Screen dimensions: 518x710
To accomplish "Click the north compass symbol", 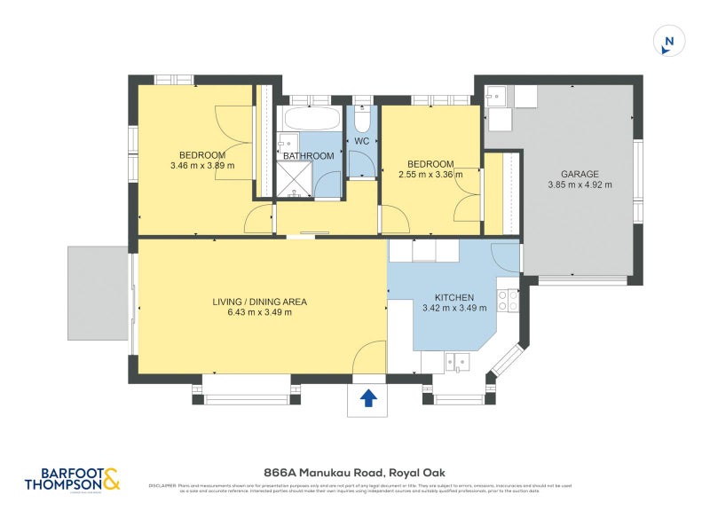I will (669, 40).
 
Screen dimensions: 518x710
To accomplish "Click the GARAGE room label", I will (579, 174).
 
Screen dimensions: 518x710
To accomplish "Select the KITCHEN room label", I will (454, 298).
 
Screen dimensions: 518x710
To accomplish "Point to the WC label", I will (361, 141).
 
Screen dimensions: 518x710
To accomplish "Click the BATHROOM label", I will (308, 156).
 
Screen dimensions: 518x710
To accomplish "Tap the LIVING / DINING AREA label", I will (259, 302).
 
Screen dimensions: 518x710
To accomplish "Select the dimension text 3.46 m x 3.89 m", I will (202, 165).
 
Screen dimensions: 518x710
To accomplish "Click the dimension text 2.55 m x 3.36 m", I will (430, 175).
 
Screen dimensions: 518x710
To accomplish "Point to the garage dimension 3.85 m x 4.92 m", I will (579, 185).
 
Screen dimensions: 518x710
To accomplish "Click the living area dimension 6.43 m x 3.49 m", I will (259, 313).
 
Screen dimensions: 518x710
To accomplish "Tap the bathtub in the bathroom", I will (310, 119).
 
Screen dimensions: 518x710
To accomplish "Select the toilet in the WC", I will (361, 119).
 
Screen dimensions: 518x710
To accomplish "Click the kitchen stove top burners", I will (508, 301).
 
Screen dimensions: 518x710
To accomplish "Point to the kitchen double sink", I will (459, 361).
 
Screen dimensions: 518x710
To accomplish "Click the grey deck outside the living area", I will (98, 293).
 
